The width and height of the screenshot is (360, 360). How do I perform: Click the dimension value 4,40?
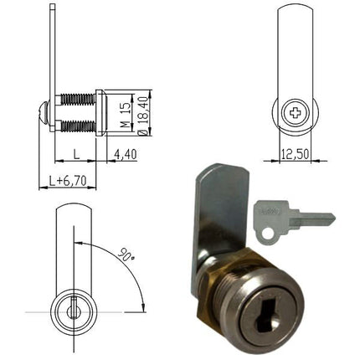click(x=126, y=154)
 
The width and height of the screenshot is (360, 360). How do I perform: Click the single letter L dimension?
click(x=76, y=154)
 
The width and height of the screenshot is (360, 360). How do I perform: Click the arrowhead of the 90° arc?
click(x=140, y=306)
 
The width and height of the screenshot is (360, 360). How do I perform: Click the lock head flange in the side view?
click(x=100, y=112)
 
